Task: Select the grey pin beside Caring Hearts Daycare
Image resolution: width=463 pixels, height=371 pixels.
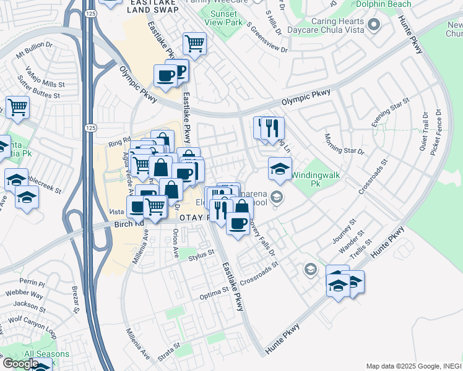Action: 373,25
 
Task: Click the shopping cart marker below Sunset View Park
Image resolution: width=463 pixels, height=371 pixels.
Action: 194,44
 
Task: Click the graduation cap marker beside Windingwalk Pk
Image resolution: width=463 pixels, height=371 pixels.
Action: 280,169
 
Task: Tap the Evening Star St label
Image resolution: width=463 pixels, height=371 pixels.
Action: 391,112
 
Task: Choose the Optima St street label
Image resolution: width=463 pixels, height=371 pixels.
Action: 214,296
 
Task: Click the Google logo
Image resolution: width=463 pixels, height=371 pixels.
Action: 20,363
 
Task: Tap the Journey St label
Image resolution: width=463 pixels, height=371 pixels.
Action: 345,230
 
